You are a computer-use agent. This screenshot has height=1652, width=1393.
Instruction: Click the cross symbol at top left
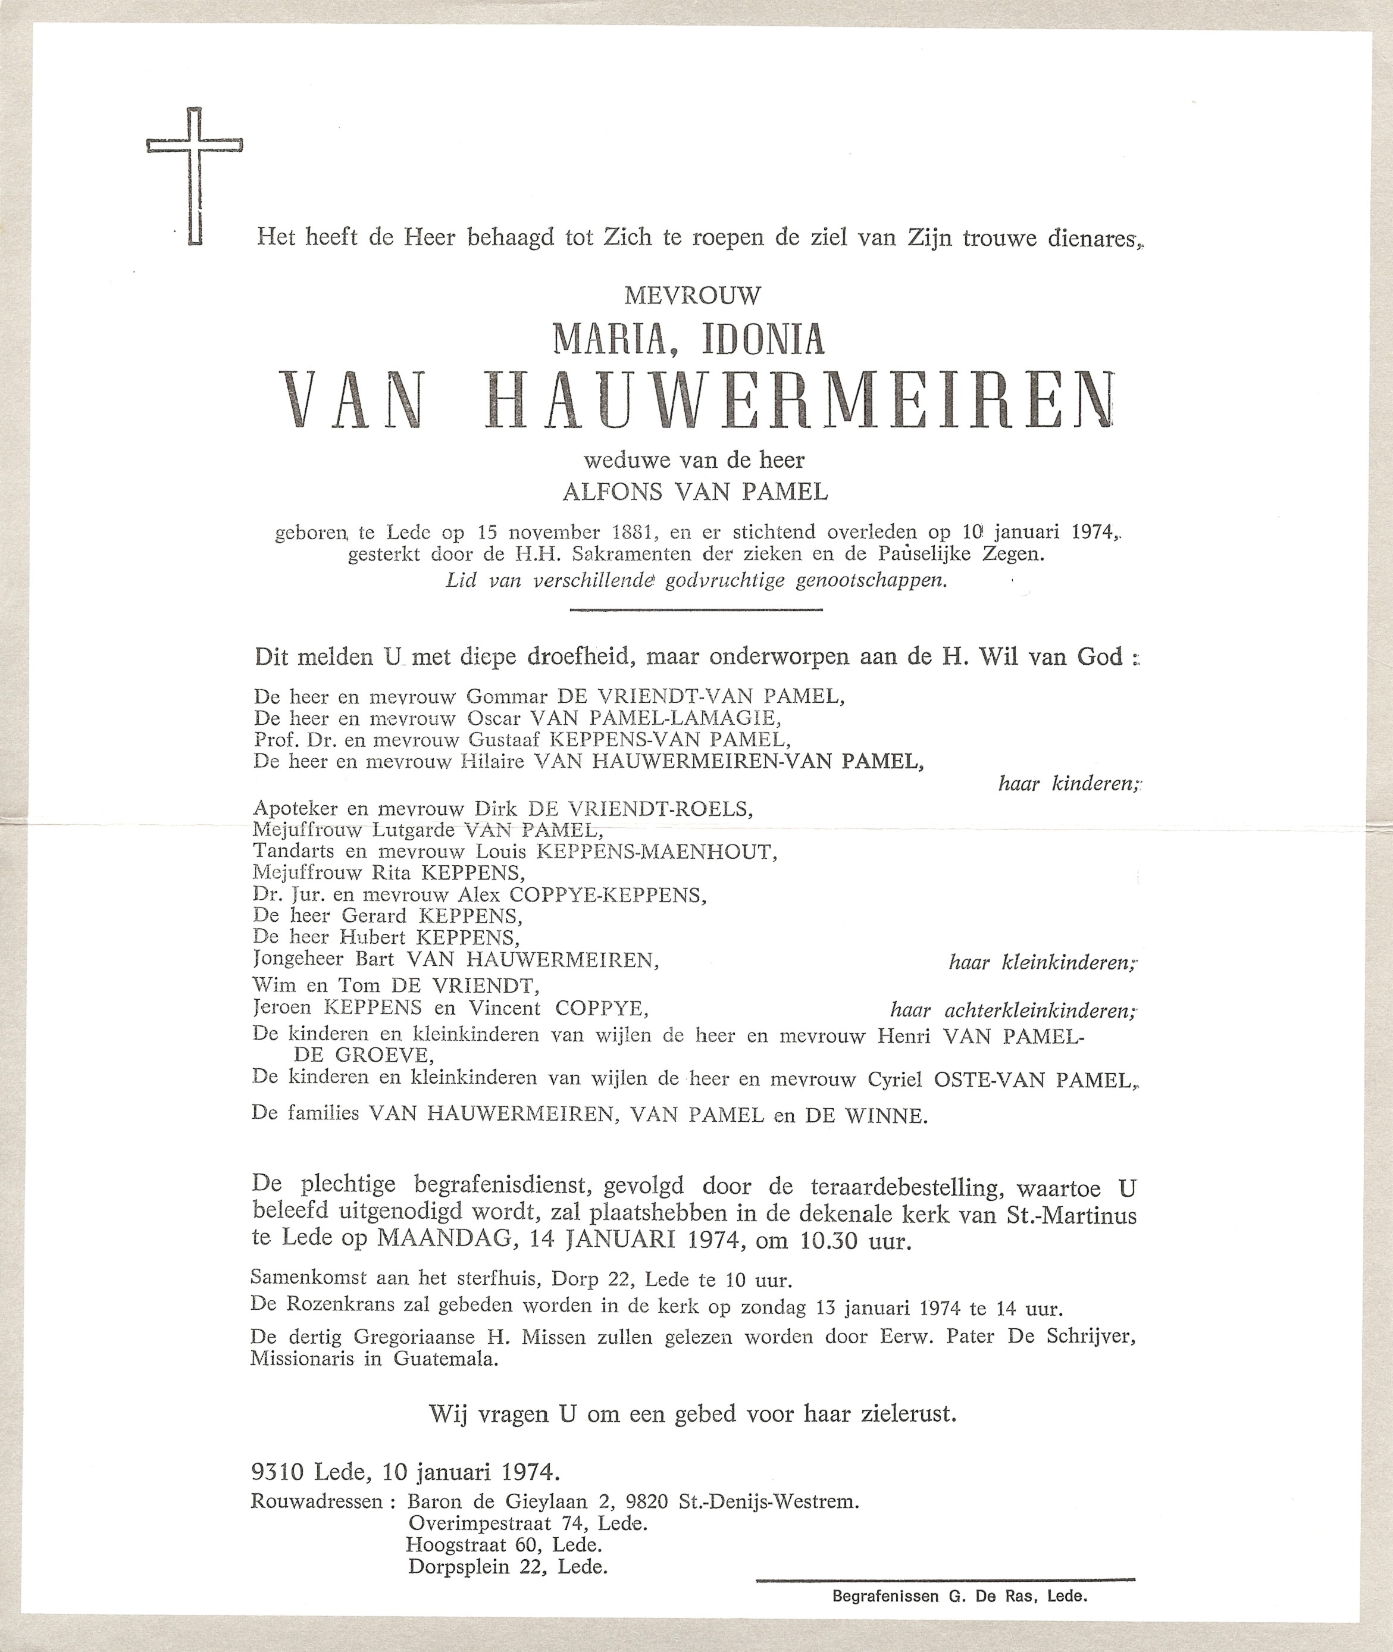point(194,176)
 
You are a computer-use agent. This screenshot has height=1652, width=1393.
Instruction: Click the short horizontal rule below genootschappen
point(695,609)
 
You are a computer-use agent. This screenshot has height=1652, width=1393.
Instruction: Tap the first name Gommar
point(507,696)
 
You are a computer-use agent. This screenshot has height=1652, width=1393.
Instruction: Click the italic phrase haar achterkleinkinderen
point(1013,1010)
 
